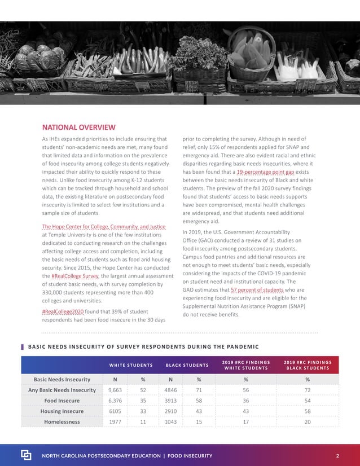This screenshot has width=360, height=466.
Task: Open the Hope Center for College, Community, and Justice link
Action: tap(104, 227)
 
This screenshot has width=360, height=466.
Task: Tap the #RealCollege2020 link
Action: tap(63, 311)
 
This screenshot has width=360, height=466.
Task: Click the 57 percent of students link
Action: tap(253, 289)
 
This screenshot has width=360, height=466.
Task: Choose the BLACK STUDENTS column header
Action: tap(187, 364)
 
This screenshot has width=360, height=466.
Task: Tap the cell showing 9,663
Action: tap(115, 389)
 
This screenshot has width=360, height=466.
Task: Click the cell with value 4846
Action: tap(171, 389)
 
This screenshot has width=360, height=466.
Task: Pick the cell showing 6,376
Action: tap(115, 400)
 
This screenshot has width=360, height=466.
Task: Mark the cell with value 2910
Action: tap(171, 411)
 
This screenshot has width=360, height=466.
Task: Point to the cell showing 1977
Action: tap(115, 421)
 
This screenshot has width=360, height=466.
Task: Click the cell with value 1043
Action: tap(171, 421)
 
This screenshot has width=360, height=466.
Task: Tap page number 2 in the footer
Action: tap(337, 455)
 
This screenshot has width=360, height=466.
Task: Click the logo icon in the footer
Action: tap(27, 455)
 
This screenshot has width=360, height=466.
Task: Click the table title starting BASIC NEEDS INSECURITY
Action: tap(143, 346)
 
